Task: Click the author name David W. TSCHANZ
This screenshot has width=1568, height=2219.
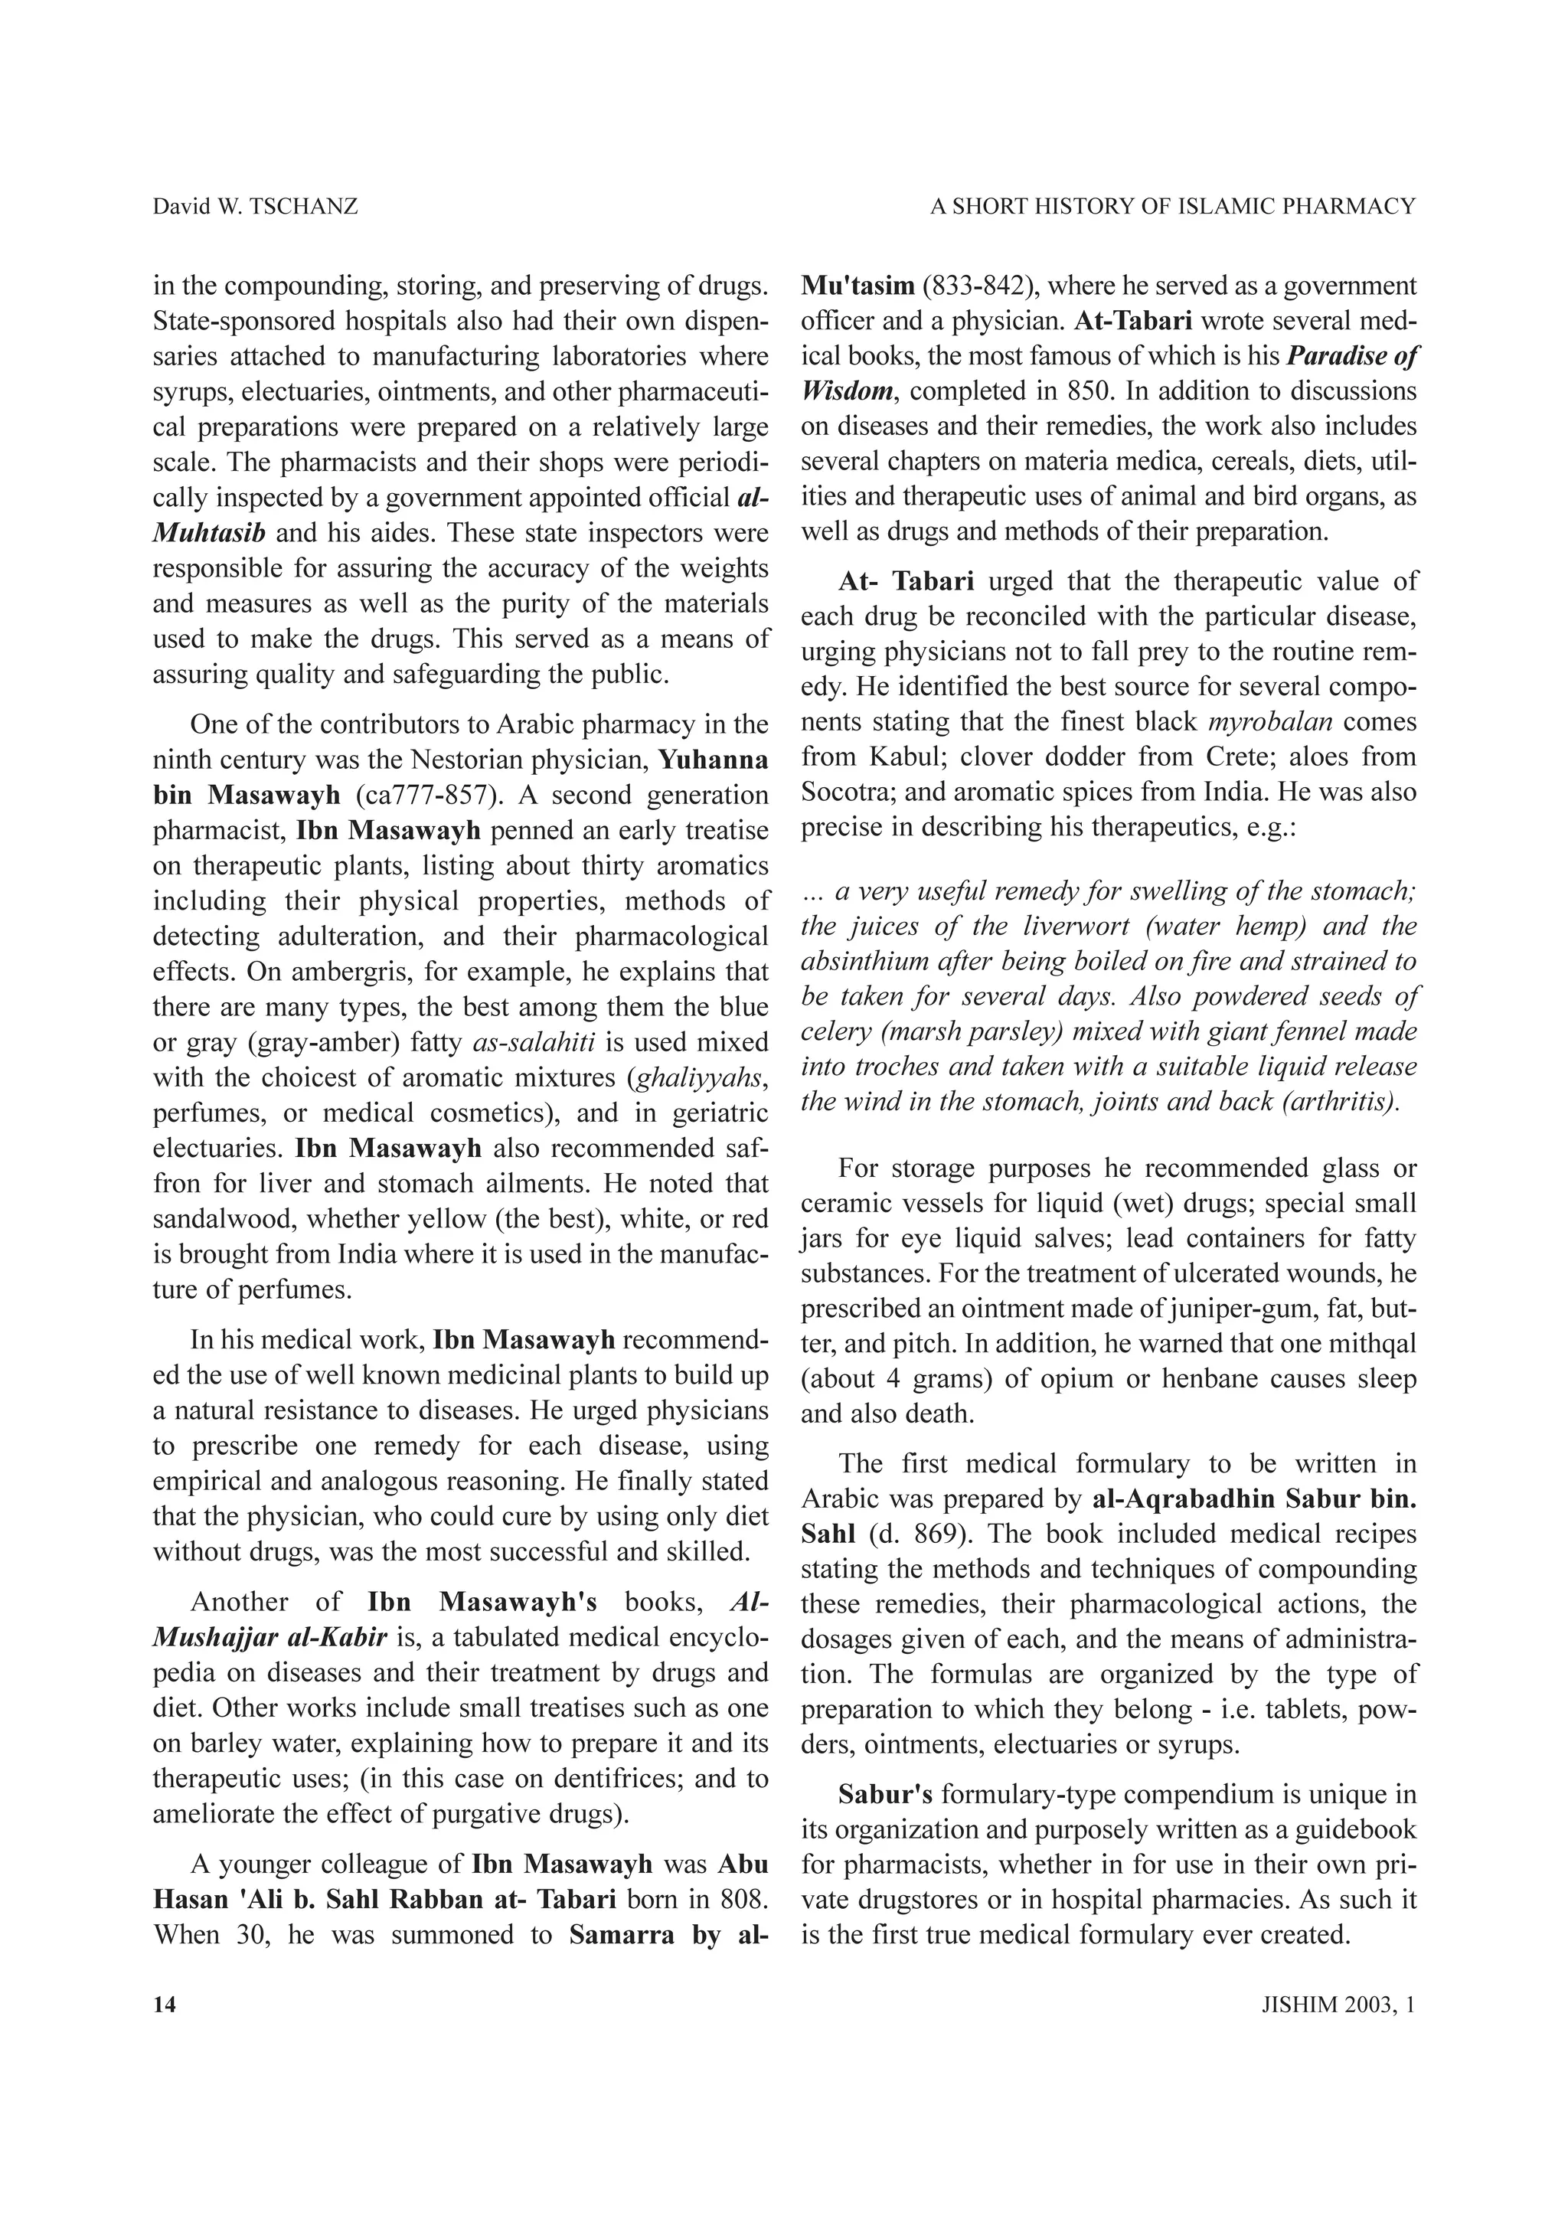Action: click(x=255, y=207)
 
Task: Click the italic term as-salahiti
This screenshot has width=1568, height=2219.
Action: click(x=534, y=1043)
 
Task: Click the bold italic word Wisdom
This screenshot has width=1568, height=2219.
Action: click(x=846, y=392)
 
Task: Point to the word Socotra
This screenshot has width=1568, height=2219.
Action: click(x=845, y=792)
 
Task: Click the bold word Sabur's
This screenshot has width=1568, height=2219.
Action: click(x=885, y=1795)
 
